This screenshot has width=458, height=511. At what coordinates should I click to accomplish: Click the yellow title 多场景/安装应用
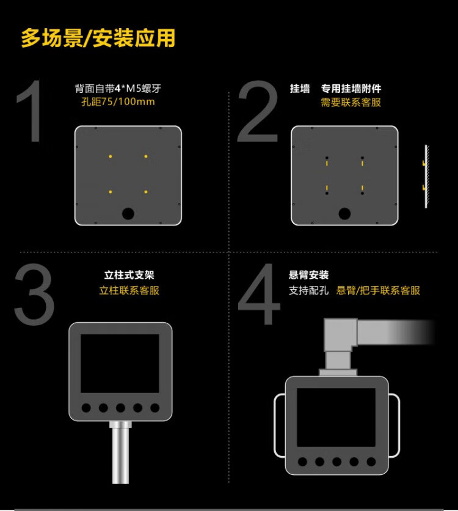click(x=98, y=38)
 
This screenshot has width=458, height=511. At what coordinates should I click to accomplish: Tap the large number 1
click(x=31, y=111)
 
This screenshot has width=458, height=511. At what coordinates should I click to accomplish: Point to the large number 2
click(x=258, y=111)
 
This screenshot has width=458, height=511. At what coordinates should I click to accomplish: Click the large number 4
click(x=260, y=294)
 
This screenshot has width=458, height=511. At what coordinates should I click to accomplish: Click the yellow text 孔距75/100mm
click(x=118, y=101)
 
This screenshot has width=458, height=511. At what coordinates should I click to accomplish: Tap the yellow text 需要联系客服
click(x=351, y=102)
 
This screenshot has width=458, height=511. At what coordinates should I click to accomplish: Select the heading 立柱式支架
click(x=129, y=275)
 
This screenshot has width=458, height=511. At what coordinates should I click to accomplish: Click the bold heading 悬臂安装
click(x=308, y=275)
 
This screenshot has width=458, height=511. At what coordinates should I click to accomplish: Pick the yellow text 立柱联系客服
click(x=129, y=290)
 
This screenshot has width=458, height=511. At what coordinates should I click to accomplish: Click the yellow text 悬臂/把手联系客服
click(x=378, y=290)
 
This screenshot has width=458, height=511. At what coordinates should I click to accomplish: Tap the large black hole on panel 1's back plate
click(x=128, y=214)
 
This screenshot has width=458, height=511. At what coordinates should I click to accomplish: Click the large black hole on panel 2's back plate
click(x=344, y=214)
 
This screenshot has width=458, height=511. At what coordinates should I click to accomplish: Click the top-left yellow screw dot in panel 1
click(x=111, y=156)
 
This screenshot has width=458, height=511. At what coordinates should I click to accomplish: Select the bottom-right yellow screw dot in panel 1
click(x=146, y=192)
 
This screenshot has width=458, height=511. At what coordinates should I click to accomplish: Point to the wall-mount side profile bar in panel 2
click(x=426, y=176)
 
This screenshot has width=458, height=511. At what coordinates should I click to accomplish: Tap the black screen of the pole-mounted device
click(x=120, y=363)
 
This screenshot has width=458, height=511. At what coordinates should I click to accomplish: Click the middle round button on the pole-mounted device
click(x=120, y=408)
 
